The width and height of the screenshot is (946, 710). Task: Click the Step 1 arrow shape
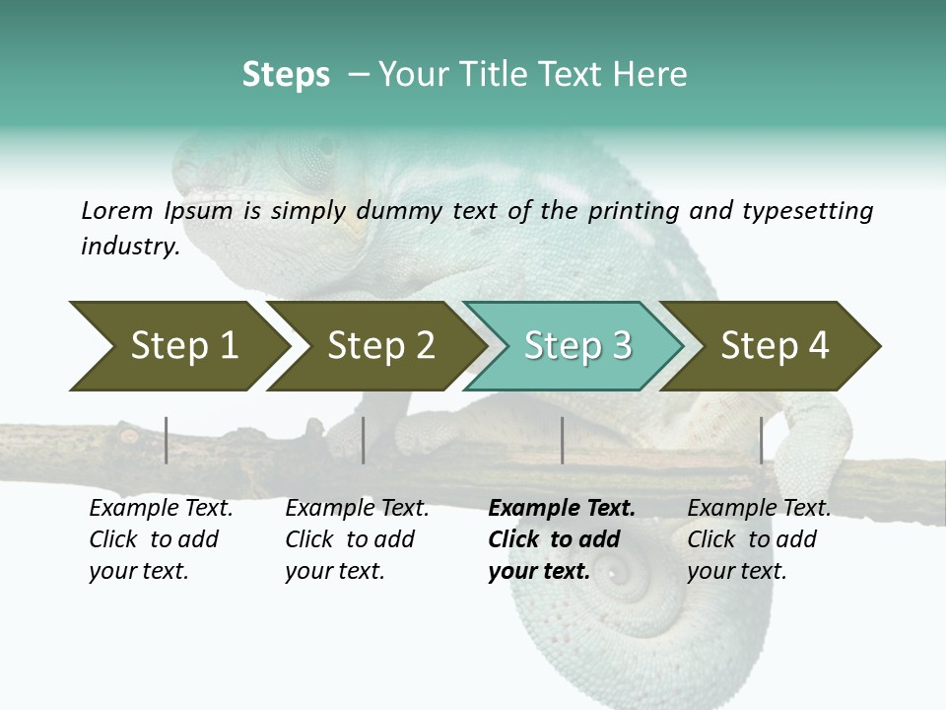coord(177,346)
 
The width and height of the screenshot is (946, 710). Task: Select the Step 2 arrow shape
coord(379,346)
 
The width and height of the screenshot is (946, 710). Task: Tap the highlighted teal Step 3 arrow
coord(575,346)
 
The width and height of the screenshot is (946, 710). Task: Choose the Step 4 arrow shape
coord(774,346)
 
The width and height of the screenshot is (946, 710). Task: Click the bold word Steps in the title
coord(286,75)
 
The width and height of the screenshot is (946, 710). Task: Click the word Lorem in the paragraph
coord(117,210)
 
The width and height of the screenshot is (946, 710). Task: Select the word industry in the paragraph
coord(129,246)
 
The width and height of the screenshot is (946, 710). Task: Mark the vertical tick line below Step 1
coord(167,440)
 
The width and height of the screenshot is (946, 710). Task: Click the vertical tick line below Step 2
coord(364,440)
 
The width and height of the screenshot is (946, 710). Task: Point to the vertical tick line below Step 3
coord(562,440)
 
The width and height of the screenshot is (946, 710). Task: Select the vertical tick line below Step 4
coord(761,440)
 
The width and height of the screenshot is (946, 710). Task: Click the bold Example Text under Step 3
coord(562,509)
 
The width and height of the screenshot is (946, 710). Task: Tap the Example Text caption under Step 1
coord(161,509)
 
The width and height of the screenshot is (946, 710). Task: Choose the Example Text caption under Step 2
coord(357,509)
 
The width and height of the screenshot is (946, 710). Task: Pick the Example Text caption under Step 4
coord(759,509)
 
